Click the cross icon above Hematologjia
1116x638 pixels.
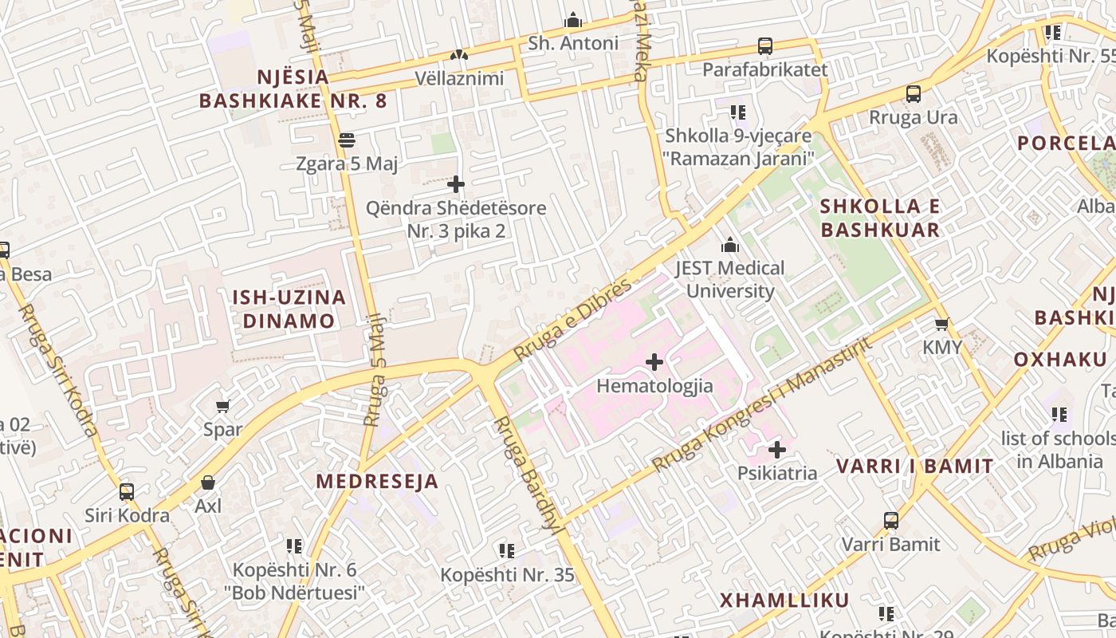coord(654,362)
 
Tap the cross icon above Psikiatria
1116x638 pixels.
coord(777,450)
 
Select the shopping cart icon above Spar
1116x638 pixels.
coord(223,406)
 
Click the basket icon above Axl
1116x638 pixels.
coord(208,482)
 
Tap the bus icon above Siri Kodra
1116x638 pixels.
coord(127,491)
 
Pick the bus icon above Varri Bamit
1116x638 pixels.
coord(891,521)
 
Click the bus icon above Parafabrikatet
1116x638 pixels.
coord(765,46)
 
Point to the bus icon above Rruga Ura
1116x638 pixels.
coord(914,94)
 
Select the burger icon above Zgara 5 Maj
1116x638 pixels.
coord(346,140)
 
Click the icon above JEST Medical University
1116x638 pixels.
coord(729,245)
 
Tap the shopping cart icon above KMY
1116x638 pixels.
coord(942,324)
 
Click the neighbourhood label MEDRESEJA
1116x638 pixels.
coord(377,482)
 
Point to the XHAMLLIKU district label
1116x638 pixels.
coord(784,601)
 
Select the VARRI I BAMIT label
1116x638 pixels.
coord(914,467)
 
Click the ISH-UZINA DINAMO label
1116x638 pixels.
coord(289,309)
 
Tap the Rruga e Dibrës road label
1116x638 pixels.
coord(572,319)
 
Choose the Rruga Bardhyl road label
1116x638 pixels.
coord(529,474)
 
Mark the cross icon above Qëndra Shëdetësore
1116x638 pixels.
coord(456,185)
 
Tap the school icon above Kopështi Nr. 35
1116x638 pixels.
coord(507,550)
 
